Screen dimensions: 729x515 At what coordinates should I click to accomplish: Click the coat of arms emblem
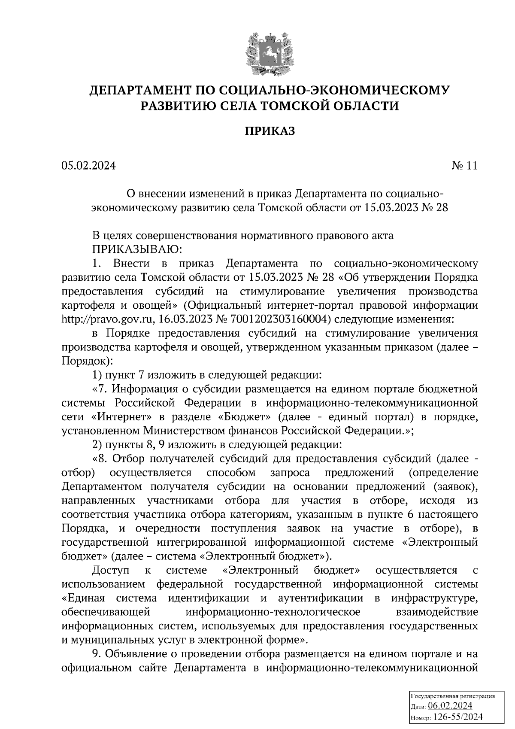coord(270,54)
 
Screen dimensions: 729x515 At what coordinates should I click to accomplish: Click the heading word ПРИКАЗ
coord(270,131)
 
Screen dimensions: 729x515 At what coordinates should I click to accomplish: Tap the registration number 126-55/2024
coord(458,717)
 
